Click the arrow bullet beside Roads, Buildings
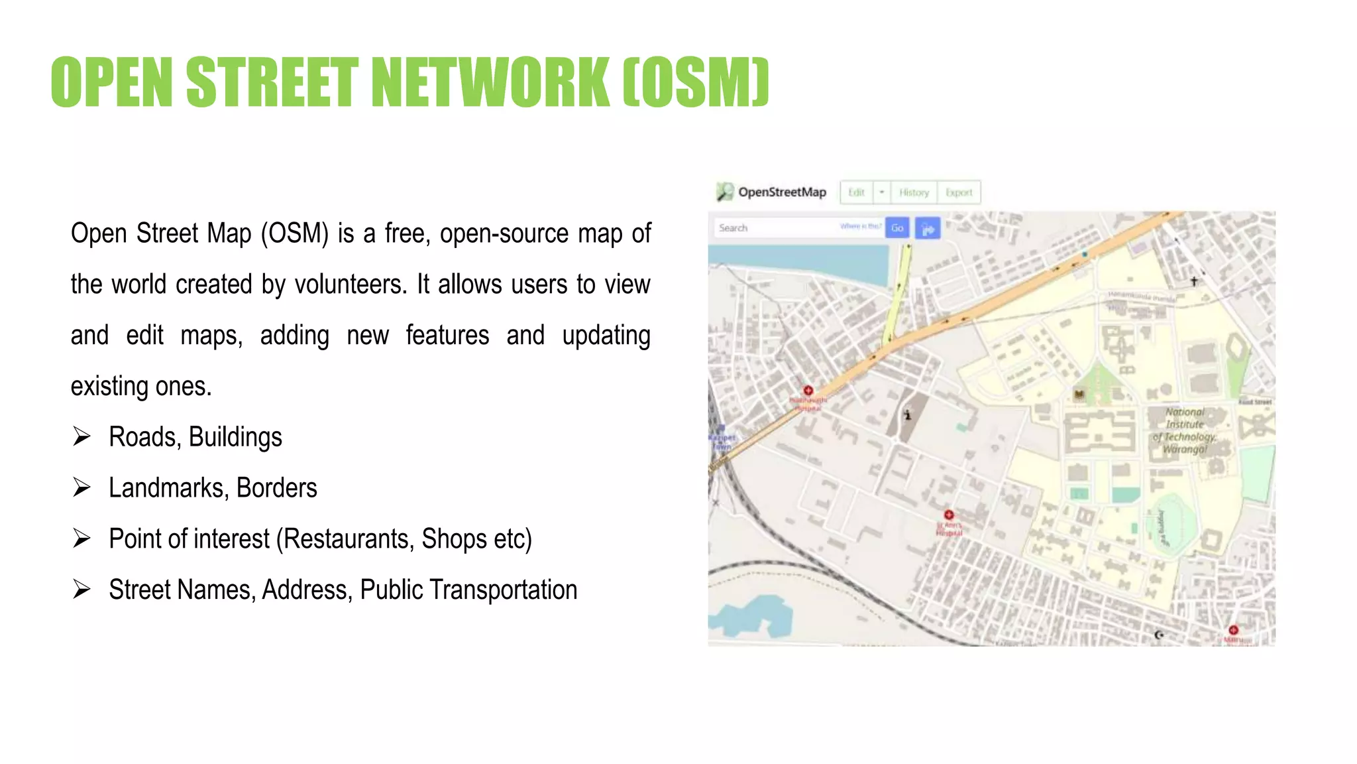(81, 436)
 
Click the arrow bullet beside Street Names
(81, 589)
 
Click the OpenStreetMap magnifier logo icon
(724, 192)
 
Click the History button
(914, 192)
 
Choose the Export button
(959, 192)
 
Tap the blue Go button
(897, 227)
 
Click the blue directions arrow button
(928, 228)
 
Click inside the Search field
(775, 227)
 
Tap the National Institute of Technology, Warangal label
(1185, 430)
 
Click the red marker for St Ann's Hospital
(949, 515)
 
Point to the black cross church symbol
(1194, 281)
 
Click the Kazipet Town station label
(722, 441)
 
